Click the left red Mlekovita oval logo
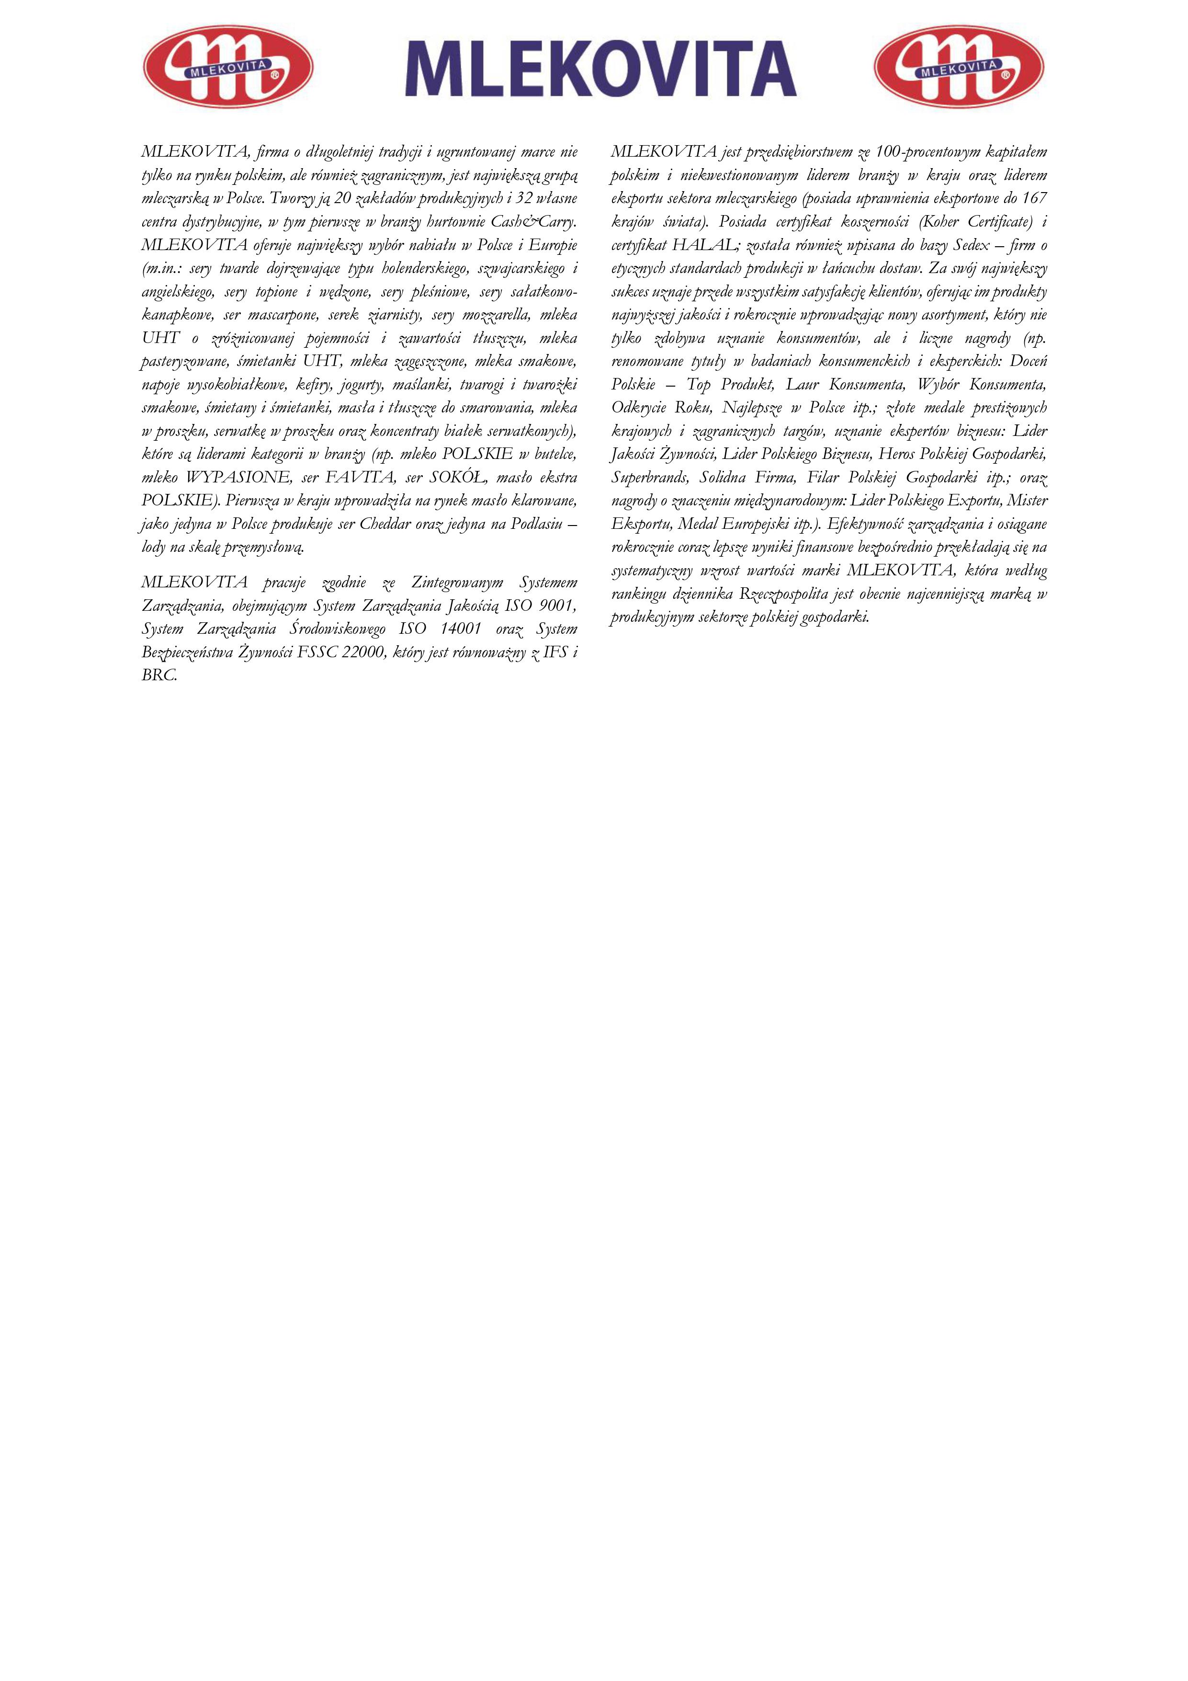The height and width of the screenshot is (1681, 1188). click(227, 67)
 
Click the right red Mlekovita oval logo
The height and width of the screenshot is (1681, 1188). click(959, 67)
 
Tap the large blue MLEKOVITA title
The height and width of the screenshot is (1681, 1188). click(601, 69)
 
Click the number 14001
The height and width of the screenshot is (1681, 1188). click(461, 629)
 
